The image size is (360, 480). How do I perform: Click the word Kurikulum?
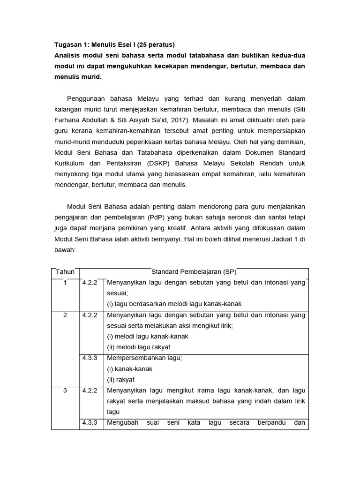(70, 163)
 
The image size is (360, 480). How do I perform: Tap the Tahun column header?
(65, 272)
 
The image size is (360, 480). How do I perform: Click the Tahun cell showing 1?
(65, 283)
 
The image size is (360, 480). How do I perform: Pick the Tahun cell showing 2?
(65, 315)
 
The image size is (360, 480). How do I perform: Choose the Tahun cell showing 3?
(65, 390)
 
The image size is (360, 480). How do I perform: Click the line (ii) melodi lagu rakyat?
(139, 347)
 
